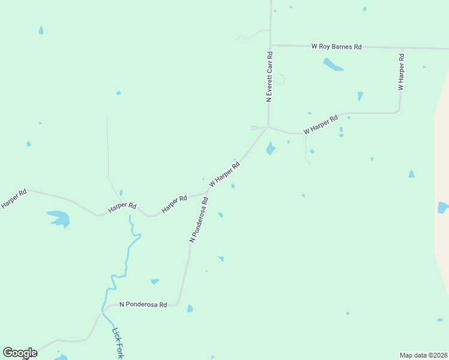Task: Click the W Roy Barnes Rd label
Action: click(336, 46)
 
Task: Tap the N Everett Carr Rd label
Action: click(270, 76)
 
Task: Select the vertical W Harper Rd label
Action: click(401, 71)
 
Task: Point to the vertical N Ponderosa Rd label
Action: click(199, 220)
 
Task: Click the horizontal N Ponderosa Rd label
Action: click(143, 305)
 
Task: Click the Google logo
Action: click(20, 353)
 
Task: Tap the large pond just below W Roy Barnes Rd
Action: click(333, 64)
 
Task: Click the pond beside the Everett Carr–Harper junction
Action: click(271, 148)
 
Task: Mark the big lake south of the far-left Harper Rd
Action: click(59, 218)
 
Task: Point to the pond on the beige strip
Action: click(443, 208)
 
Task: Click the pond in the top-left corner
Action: click(41, 30)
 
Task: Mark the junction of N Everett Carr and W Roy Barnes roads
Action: click(271, 45)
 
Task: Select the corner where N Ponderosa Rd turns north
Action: click(178, 304)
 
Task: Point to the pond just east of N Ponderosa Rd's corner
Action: click(190, 308)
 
